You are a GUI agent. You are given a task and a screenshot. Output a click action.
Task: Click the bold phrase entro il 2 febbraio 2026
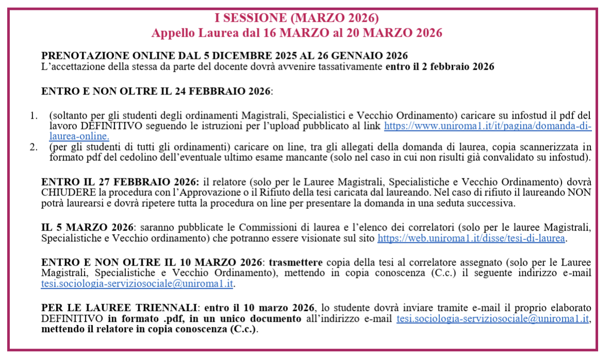click(x=440, y=67)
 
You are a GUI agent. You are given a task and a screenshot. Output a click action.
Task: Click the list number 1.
click(x=34, y=116)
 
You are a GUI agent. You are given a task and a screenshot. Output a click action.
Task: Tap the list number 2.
click(x=34, y=146)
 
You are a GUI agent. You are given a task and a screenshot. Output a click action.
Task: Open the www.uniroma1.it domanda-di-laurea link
click(x=488, y=126)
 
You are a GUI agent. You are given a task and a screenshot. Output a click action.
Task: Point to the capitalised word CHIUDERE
click(x=67, y=193)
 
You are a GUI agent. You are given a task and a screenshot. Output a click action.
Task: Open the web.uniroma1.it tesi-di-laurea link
click(x=472, y=239)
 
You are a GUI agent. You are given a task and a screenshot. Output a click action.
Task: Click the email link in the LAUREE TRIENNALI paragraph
click(x=492, y=319)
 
